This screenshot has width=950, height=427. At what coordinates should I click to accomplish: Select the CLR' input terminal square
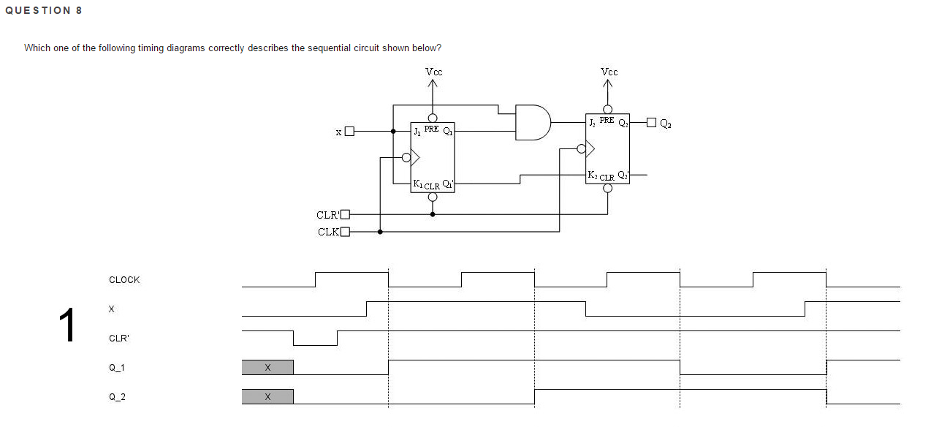tap(346, 214)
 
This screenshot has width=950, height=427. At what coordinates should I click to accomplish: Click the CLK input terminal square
tap(346, 233)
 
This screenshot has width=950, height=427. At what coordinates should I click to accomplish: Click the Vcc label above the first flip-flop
tap(433, 72)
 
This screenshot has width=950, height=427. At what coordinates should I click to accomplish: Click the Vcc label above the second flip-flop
tap(609, 72)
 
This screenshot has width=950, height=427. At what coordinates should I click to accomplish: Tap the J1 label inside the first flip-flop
tap(417, 132)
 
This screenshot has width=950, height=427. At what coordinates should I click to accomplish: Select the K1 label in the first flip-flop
tap(417, 184)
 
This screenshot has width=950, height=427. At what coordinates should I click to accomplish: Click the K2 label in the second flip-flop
tap(593, 175)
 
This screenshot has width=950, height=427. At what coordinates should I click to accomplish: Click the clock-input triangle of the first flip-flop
tap(414, 157)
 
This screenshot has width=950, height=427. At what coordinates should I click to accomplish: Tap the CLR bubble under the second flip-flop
tap(607, 188)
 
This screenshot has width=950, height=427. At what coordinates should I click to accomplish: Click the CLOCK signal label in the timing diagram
tap(124, 280)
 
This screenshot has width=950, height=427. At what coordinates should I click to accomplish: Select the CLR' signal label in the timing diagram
tap(119, 339)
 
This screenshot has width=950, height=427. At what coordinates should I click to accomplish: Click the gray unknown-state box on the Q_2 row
tap(267, 396)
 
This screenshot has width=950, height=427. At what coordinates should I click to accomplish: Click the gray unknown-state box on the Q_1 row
tap(267, 367)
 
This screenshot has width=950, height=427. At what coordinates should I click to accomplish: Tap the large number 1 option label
tap(67, 326)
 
